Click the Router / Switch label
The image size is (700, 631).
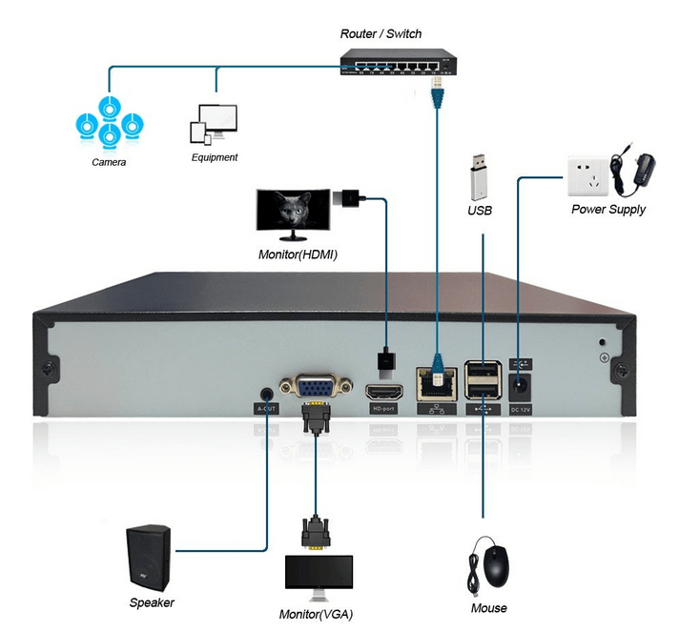(x=381, y=34)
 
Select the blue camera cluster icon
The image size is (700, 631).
(x=109, y=122)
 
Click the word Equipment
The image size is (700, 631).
(x=215, y=157)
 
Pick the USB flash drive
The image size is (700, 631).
(x=479, y=175)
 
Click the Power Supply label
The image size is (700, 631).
(x=607, y=210)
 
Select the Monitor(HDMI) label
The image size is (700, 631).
(x=298, y=255)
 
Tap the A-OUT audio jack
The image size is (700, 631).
(x=266, y=392)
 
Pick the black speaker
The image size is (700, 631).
(x=150, y=558)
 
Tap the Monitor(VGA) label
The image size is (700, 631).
(x=315, y=613)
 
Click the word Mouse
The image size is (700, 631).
(x=489, y=608)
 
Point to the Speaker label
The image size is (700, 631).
(x=152, y=602)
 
